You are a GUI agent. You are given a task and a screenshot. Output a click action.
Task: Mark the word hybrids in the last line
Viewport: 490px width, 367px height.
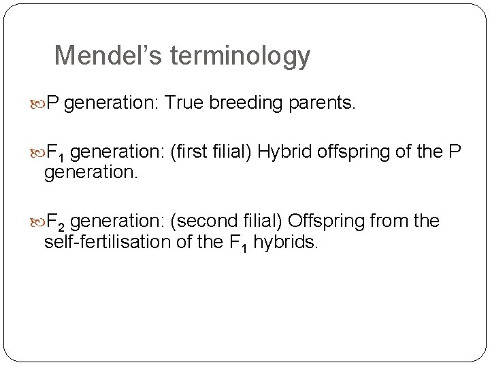point(285,242)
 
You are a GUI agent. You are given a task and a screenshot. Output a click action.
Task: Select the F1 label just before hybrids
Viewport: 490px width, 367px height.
point(240,243)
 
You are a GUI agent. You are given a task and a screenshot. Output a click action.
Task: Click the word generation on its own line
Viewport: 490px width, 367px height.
point(91,173)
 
